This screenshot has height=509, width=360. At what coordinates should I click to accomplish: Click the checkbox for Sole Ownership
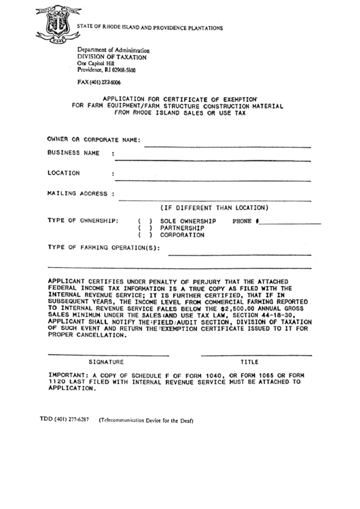click(x=145, y=222)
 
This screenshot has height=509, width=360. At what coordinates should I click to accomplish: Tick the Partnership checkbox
click(x=145, y=228)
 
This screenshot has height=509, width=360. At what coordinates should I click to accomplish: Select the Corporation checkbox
click(x=145, y=235)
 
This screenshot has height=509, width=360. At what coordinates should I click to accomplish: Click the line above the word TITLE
click(x=257, y=355)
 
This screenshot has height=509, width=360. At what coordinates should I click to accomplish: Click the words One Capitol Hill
click(x=96, y=63)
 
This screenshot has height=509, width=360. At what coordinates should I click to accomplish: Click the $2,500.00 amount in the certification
click(x=234, y=307)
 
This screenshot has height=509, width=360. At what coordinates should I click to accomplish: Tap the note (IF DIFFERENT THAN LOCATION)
click(x=215, y=207)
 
